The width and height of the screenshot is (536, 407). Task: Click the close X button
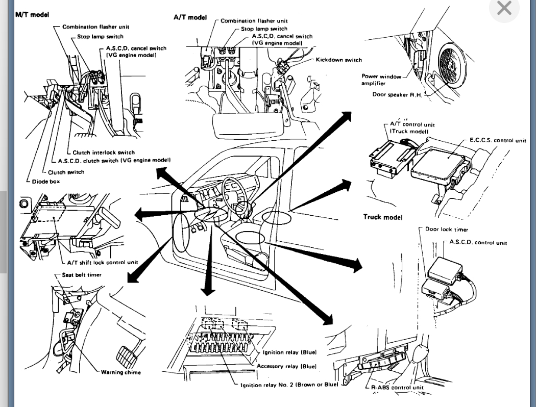[x=504, y=8]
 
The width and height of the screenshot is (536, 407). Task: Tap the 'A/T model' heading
[x=190, y=17]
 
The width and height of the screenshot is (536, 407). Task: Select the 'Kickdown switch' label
[x=338, y=60]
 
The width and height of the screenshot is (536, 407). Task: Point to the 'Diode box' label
[x=45, y=182]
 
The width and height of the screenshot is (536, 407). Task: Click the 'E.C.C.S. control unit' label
[x=497, y=140]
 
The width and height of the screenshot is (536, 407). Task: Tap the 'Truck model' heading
[x=383, y=217]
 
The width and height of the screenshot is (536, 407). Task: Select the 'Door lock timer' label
[x=446, y=230]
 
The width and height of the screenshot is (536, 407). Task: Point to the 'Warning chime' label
[x=120, y=372]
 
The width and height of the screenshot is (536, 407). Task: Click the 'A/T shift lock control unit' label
[x=103, y=263]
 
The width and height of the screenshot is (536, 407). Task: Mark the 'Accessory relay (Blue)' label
[x=286, y=366]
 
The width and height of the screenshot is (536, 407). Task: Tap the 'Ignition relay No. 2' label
[x=289, y=384]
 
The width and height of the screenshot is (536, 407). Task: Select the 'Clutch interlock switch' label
[x=104, y=152]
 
